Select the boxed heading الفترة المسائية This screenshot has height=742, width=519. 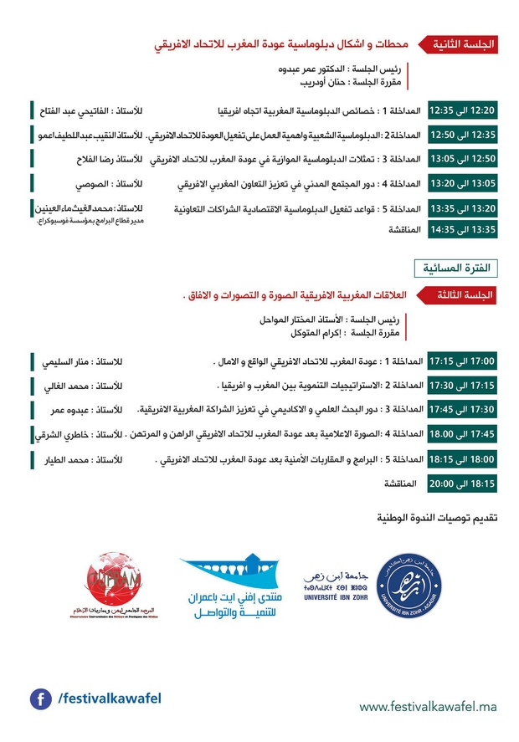[x=456, y=268]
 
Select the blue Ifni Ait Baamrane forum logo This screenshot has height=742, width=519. [x=225, y=586]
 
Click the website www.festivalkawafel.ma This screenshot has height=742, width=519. [x=429, y=708]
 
